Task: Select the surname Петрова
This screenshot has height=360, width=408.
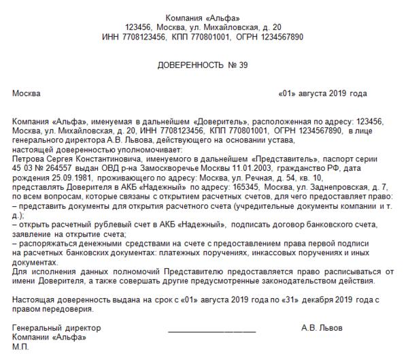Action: tap(28, 156)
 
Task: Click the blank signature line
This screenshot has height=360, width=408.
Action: tap(211, 331)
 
